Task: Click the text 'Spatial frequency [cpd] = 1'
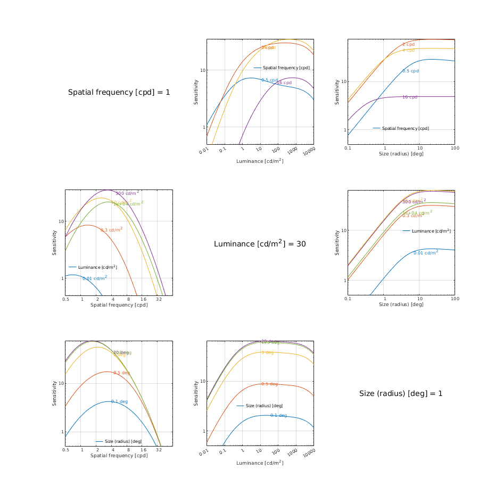pos(119,93)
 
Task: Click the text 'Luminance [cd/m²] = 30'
pos(260,244)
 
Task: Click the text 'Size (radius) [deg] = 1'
pos(401,394)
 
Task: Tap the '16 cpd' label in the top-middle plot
pos(284,83)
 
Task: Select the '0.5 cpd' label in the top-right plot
pos(410,71)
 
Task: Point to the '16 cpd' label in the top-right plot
pos(409,97)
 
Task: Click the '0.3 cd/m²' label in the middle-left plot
pos(111,230)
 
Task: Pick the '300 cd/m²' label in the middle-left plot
pos(127,193)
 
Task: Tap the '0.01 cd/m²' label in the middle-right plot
pos(426,253)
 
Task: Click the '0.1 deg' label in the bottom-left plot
pos(119,401)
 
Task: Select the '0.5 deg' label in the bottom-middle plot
pos(270,384)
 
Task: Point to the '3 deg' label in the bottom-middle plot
pos(267,353)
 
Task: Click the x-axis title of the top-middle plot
pos(260,161)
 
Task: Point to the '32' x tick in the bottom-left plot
pos(159,450)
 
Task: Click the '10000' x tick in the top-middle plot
pos(309,151)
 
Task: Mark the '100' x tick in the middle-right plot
pos(455,299)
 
